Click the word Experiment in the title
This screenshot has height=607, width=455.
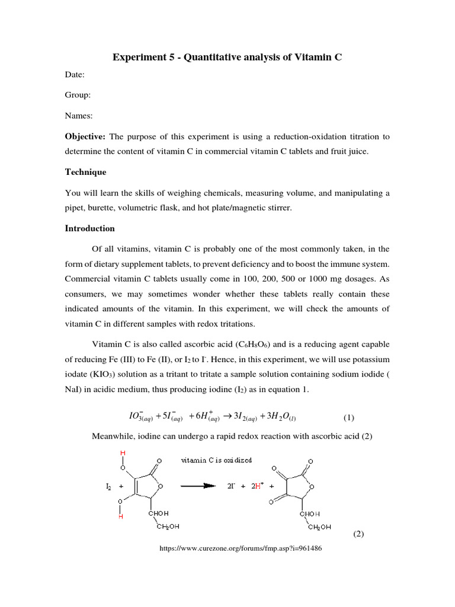138,57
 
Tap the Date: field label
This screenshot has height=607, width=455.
75,75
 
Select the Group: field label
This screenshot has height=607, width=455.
78,95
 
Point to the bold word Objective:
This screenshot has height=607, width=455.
85,136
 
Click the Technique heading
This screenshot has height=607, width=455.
86,172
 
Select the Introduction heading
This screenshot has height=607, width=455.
90,228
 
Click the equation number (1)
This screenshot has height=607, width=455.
348,417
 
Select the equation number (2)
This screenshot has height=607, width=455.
358,533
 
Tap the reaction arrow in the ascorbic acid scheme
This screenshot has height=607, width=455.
198,485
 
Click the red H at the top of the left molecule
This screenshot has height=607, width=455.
123,453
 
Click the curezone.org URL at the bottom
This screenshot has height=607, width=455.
241,548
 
